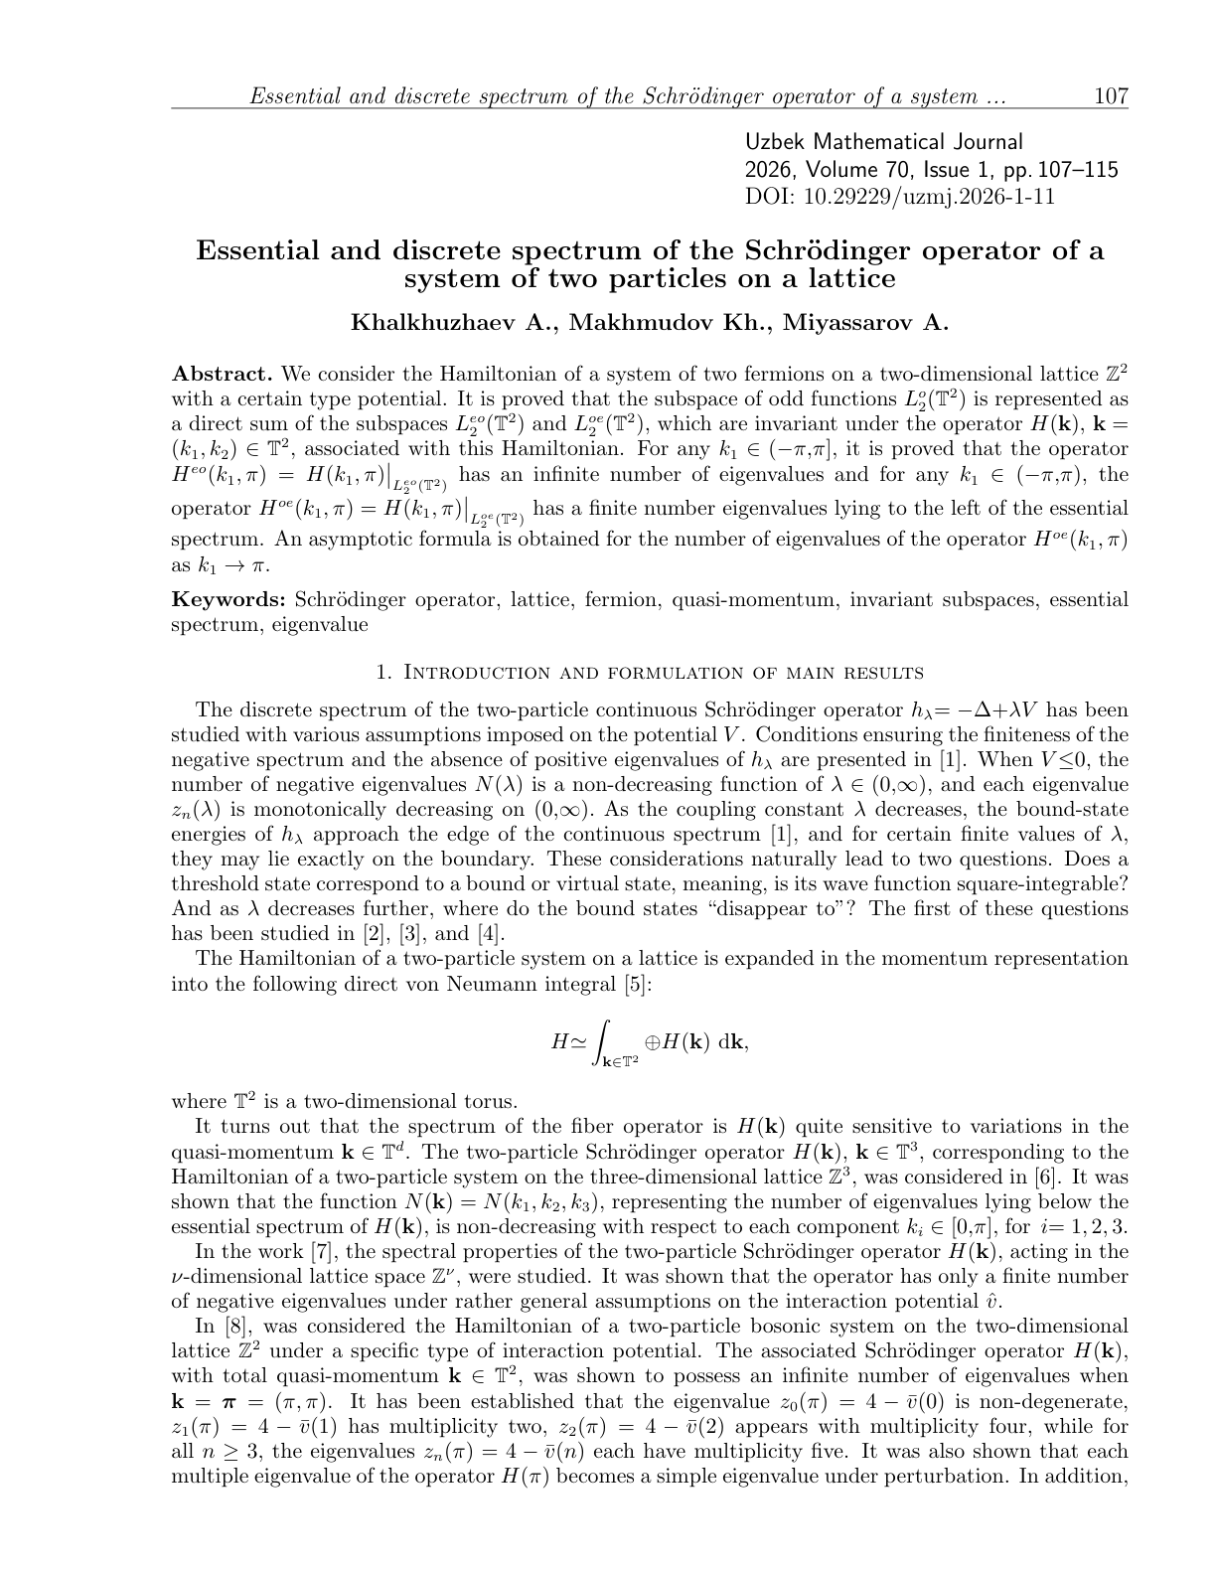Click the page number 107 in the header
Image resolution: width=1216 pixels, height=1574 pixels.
(x=1110, y=96)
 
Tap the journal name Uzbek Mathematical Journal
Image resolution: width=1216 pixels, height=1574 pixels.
(x=883, y=143)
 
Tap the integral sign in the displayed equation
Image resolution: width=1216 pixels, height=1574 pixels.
(x=600, y=1041)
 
